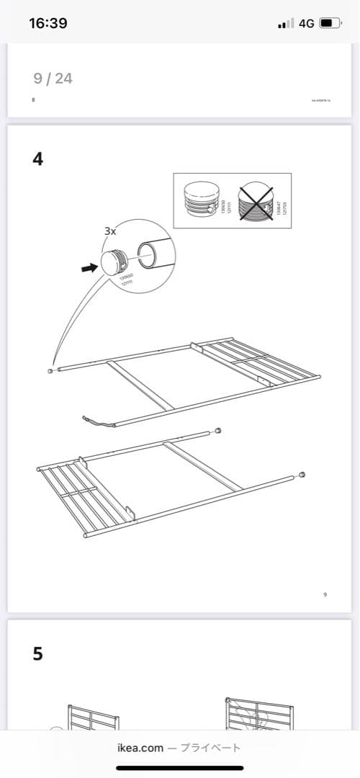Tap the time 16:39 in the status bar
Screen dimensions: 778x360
pos(48,23)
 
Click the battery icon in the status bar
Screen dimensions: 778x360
pos(330,23)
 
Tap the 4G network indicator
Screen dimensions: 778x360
pos(306,23)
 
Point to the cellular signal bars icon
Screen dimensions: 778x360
pos(285,24)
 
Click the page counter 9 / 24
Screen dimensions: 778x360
pos(53,79)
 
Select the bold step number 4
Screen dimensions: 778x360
pos(37,159)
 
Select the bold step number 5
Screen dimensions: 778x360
pos(37,653)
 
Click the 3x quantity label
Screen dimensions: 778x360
pos(111,231)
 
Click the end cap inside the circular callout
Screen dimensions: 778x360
pos(114,261)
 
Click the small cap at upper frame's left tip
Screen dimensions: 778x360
pos(50,371)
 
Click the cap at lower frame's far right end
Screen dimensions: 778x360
pos(302,475)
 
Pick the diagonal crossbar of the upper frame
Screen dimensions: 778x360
pos(141,385)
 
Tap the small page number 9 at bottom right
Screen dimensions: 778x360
pos(325,594)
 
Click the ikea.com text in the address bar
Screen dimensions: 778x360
pos(140,748)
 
